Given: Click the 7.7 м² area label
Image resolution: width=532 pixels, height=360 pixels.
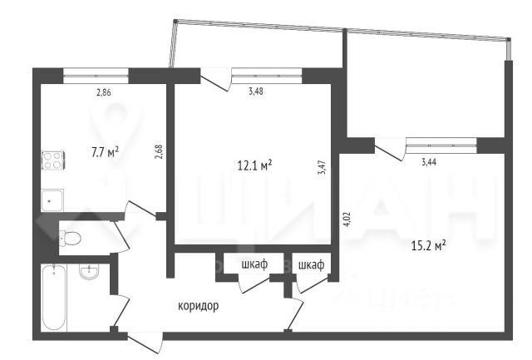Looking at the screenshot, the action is tap(106, 152).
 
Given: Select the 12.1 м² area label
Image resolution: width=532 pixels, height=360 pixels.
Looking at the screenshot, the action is tap(255, 165).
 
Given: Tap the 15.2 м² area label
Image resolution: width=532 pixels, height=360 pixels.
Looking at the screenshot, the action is tap(429, 245).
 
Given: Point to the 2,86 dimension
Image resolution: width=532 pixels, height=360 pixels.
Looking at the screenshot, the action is tap(104, 92).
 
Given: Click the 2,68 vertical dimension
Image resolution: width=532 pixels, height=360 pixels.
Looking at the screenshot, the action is tap(160, 152).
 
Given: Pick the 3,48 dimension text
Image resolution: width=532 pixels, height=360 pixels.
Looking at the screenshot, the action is tap(256, 91).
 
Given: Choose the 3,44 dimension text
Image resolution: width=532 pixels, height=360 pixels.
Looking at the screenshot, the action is tap(429, 162).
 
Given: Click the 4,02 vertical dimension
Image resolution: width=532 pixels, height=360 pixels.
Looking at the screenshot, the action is tap(347, 219).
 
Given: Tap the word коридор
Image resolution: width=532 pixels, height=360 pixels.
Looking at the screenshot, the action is tap(199, 306).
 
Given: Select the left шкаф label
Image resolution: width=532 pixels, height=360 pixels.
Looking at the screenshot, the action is tap(254, 264).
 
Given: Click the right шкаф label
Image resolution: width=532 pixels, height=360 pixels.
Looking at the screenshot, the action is tap(311, 264).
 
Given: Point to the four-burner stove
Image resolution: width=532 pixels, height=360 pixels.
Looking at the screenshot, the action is tap(53, 160).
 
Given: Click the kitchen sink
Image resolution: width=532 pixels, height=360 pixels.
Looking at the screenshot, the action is tap(52, 200).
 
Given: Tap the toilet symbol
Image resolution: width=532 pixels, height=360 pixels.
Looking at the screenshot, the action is tap(70, 238).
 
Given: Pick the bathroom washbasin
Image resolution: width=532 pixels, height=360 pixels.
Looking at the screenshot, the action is tap(90, 272).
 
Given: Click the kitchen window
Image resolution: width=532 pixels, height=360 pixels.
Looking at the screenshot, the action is tap(96, 76).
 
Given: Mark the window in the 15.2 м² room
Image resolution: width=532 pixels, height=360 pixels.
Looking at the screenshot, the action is tap(441, 145).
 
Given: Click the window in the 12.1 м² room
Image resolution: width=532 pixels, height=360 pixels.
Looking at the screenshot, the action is tap(267, 76).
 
